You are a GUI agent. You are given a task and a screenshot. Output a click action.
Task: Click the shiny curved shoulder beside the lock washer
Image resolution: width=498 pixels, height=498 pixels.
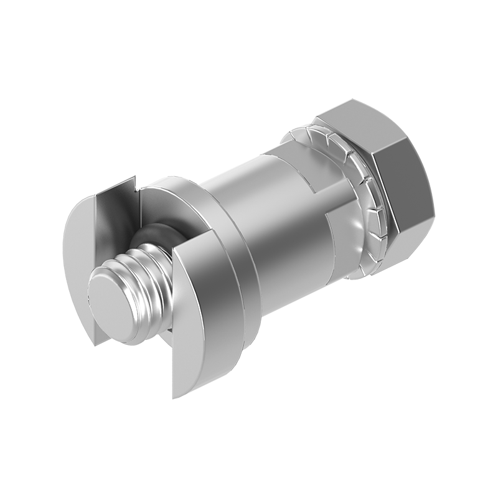coord(349,249)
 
